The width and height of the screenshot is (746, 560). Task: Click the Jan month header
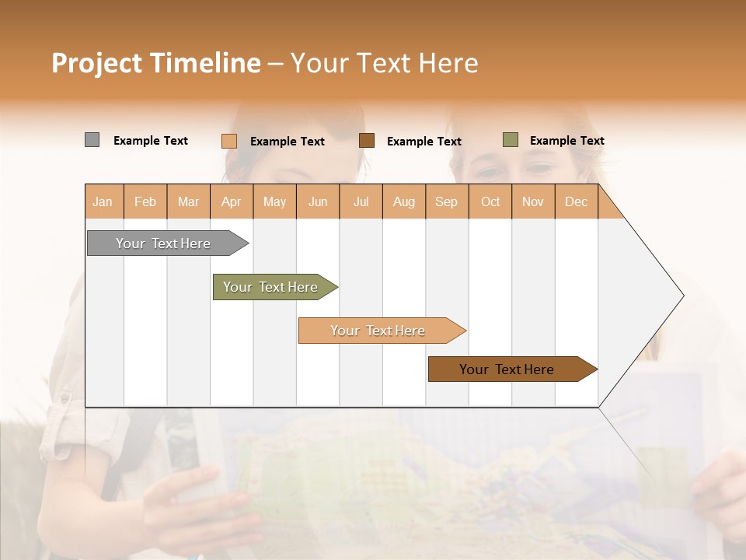point(103,201)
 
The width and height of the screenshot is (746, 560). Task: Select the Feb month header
point(145,201)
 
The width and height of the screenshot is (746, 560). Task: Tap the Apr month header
point(231,201)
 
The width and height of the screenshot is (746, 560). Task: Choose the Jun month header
point(318,201)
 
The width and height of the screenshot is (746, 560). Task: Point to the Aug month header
point(404,201)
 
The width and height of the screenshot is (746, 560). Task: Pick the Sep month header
point(446,201)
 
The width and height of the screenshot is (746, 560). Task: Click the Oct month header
point(490,201)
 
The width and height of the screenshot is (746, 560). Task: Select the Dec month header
point(576,201)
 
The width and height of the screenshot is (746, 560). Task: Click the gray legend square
point(92,140)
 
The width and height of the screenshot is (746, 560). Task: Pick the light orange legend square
point(228,141)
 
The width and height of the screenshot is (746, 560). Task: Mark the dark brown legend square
point(366,140)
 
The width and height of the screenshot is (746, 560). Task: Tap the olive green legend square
point(510,140)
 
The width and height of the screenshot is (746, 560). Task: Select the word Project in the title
point(96,63)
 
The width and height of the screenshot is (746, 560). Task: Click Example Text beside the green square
point(566,141)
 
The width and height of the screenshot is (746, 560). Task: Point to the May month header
point(274,201)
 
